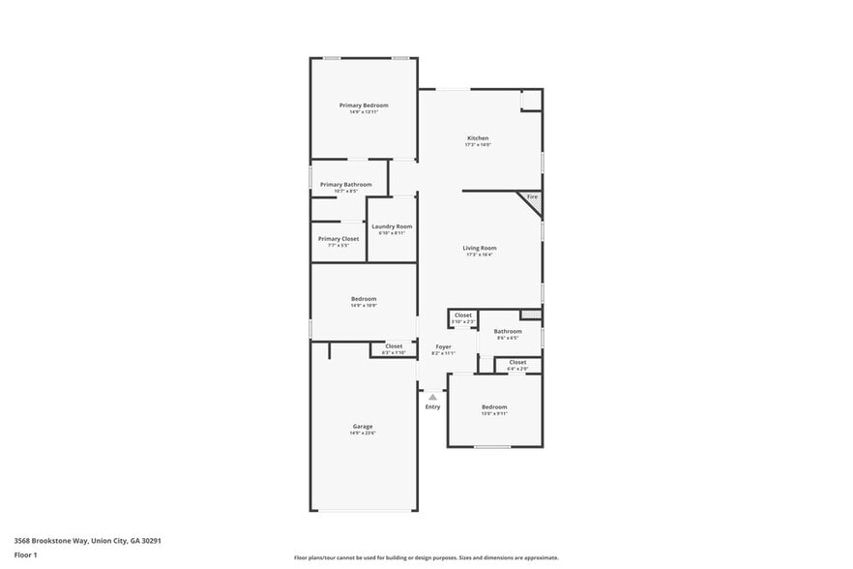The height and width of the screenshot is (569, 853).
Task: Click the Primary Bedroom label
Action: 364,105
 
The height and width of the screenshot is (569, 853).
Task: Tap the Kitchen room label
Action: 478,138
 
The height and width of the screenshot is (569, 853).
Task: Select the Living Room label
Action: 480,248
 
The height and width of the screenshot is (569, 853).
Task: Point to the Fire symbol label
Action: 532,196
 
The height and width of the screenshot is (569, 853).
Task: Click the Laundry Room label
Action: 392,226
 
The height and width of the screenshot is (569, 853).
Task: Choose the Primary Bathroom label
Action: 345,184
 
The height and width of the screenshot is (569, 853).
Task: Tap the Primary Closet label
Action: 338,238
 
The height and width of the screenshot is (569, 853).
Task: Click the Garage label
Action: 363,426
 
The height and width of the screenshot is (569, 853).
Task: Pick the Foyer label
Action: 443,346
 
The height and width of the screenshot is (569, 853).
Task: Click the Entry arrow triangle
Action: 432,397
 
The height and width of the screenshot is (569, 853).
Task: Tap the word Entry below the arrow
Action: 432,406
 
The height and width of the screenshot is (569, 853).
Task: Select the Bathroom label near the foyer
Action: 508,331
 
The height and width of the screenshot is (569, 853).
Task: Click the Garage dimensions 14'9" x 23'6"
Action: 363,433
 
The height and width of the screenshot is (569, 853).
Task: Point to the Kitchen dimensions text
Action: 478,145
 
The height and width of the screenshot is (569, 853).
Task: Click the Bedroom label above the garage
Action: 364,299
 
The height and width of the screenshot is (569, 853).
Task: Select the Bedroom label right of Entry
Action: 494,406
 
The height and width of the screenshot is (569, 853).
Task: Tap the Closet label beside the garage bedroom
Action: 394,345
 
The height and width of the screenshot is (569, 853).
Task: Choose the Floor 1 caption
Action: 25,554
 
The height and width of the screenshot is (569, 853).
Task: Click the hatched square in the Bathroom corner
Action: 530,314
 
